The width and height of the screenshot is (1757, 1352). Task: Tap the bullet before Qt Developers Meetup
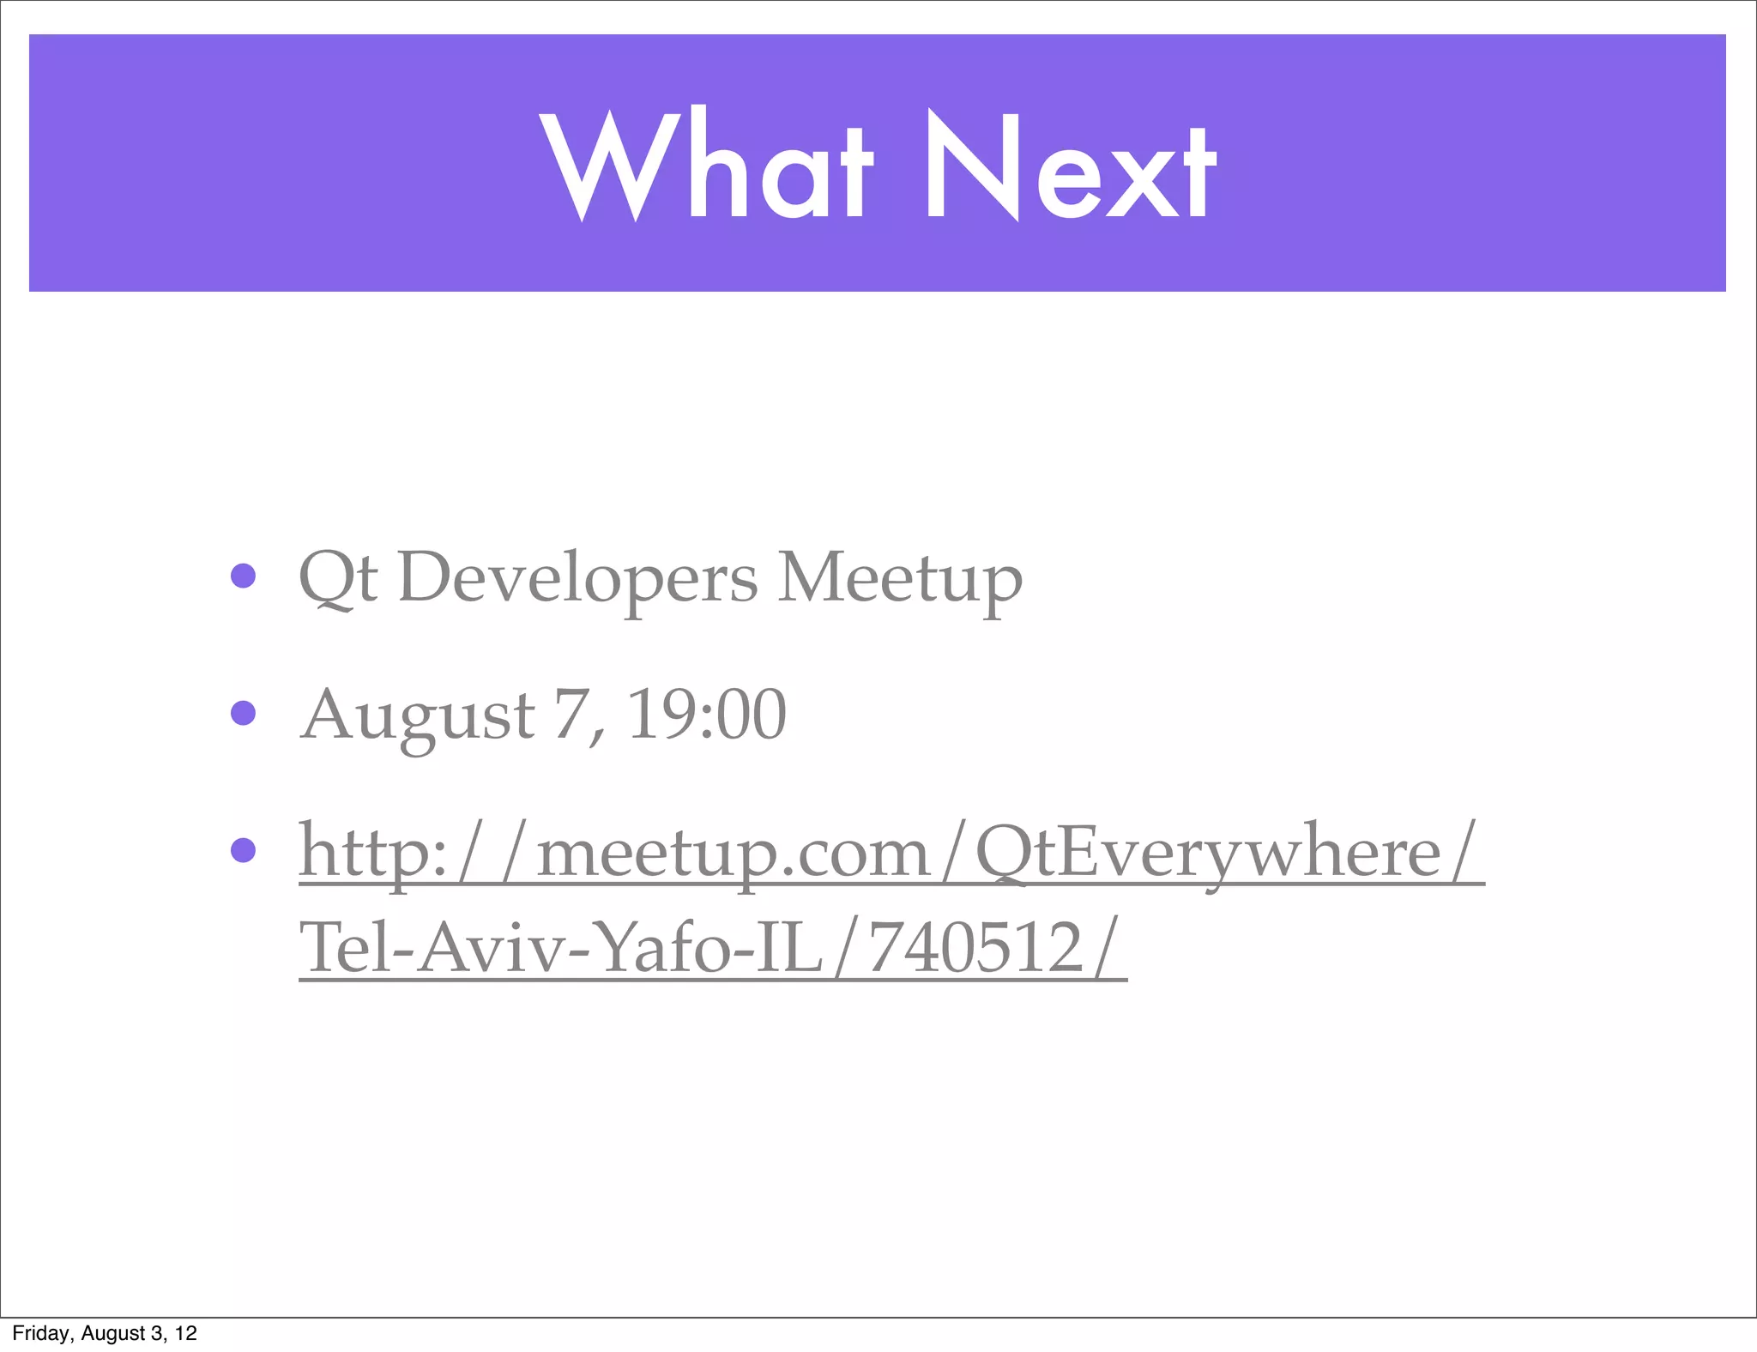coord(244,576)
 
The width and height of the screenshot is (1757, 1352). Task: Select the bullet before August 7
coord(244,713)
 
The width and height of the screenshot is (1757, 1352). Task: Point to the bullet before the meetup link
coord(244,850)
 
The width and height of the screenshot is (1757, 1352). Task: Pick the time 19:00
coord(706,715)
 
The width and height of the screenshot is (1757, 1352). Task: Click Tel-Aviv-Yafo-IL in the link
coord(561,948)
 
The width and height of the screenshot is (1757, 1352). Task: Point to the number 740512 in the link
coord(976,948)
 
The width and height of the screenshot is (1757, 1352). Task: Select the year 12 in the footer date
coord(186,1333)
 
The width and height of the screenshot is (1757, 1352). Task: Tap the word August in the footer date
coord(112,1333)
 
